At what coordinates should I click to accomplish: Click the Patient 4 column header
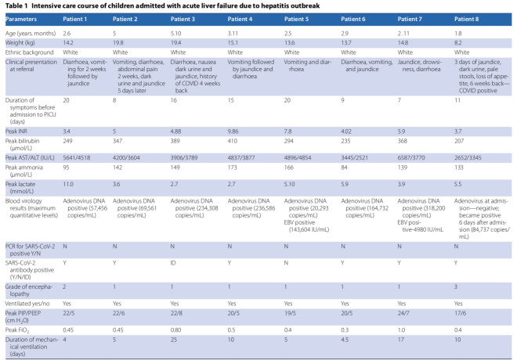coord(240,19)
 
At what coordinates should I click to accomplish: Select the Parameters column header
coord(21,19)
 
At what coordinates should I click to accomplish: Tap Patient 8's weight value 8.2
coord(458,43)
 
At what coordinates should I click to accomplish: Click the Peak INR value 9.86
coord(233,131)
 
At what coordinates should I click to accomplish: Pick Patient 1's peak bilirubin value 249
coord(67,141)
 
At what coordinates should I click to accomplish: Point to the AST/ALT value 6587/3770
coord(411,158)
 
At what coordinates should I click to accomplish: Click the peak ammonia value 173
coord(233,167)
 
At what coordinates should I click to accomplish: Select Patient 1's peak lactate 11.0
coord(68,184)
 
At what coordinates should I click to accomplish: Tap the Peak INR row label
coord(16,131)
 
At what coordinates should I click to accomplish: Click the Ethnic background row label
coord(29,52)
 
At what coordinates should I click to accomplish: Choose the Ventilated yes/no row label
coord(27,304)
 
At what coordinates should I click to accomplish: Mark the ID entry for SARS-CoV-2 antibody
coord(173,263)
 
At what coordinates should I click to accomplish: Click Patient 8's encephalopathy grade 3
coord(456,286)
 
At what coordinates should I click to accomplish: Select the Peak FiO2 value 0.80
coord(175,329)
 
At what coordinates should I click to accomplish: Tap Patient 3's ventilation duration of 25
coord(174,339)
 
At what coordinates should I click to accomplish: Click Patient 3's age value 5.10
coord(175,34)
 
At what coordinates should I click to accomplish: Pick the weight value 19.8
coord(118,43)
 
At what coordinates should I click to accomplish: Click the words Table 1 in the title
coord(16,5)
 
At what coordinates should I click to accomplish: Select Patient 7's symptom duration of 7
coord(399,100)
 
